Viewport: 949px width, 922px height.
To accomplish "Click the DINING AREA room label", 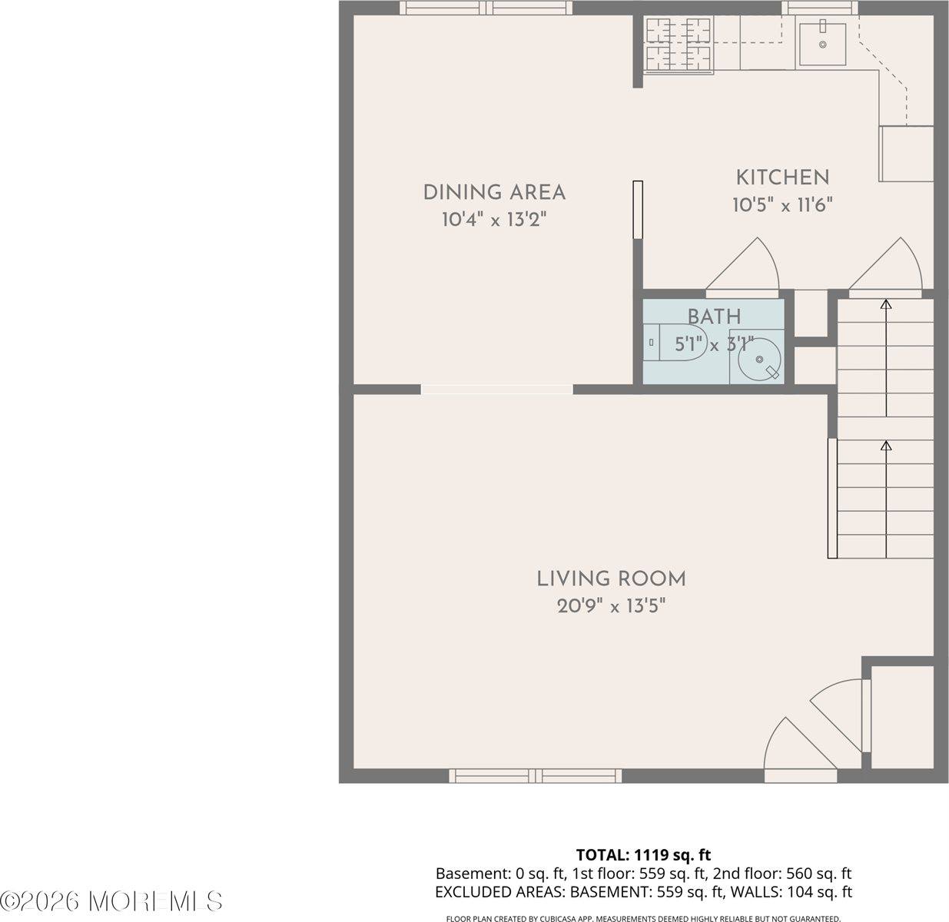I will tap(494, 192).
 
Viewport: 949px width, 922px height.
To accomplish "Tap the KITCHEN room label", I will tap(782, 177).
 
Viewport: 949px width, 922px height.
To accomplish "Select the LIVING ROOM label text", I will tap(611, 578).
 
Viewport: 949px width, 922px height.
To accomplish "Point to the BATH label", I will tap(714, 316).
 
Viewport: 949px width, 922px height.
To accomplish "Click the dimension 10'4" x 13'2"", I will tap(494, 220).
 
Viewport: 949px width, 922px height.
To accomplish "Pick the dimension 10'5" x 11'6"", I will tap(782, 205).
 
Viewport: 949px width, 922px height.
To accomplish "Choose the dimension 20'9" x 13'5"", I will tap(611, 606).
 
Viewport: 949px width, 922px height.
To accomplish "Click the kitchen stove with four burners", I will tap(679, 45).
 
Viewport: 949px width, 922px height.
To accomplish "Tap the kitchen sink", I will tap(821, 45).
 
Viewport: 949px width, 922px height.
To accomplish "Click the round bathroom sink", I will tap(759, 360).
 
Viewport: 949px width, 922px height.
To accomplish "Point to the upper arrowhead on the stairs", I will tap(886, 305).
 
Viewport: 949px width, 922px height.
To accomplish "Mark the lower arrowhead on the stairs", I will tap(886, 446).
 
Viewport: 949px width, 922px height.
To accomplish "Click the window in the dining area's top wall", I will tap(486, 8).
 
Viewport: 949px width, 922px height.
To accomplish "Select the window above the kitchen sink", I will tap(820, 8).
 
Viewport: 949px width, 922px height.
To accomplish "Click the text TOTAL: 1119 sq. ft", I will tap(643, 854).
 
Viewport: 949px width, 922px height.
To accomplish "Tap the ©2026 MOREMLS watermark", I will tap(112, 900).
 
